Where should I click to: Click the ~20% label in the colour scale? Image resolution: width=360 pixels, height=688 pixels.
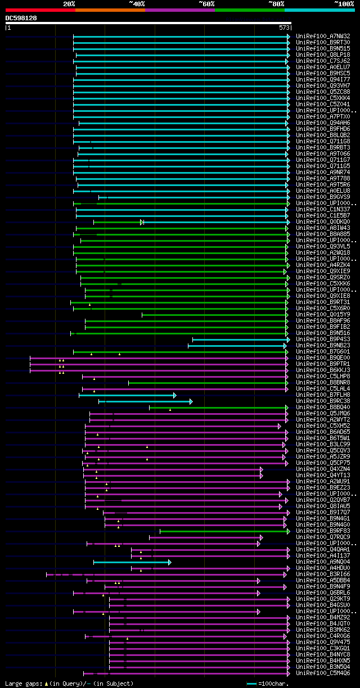click(69, 4)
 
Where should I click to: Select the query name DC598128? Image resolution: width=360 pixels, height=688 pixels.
click(21, 18)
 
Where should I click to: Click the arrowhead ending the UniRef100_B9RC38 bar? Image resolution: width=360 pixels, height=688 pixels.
click(191, 401)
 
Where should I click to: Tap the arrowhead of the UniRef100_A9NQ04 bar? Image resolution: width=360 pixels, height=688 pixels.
click(170, 562)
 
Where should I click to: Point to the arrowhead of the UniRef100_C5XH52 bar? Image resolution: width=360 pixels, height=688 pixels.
click(279, 426)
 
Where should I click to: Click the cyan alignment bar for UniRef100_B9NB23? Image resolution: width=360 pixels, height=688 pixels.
click(236, 346)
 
